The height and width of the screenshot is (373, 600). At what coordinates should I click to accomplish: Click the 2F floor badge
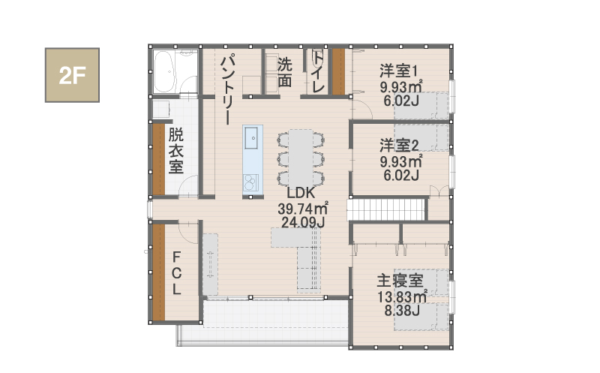[x=72, y=75]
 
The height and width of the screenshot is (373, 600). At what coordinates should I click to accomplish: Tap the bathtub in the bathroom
[x=164, y=71]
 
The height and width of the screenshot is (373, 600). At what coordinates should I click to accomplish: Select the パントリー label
[x=228, y=89]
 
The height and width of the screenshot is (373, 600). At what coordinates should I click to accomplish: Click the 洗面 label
[x=284, y=72]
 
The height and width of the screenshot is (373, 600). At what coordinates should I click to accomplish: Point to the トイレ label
[x=318, y=71]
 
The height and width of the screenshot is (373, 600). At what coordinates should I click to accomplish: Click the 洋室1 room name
[x=399, y=71]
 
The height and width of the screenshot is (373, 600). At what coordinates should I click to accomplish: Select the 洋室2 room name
[x=399, y=146]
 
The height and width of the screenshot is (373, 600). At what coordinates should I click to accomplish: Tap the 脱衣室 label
[x=175, y=151]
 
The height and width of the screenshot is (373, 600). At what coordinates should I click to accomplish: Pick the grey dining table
[x=301, y=158]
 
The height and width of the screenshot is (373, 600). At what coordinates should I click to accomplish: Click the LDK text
[x=301, y=193]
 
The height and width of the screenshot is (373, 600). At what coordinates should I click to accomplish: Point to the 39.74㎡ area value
[x=303, y=209]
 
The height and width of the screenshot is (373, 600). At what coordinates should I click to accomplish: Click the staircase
[x=386, y=209]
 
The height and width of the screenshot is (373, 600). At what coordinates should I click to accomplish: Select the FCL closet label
[x=176, y=272]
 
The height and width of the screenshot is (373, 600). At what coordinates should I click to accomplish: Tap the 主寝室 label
[x=400, y=281]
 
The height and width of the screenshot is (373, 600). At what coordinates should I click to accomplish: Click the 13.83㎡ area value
[x=402, y=296]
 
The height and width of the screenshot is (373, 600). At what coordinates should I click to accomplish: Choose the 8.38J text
[x=402, y=311]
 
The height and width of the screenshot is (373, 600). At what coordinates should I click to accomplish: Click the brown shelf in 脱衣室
[x=159, y=159]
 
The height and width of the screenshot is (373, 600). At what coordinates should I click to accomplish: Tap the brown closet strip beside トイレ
[x=338, y=71]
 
